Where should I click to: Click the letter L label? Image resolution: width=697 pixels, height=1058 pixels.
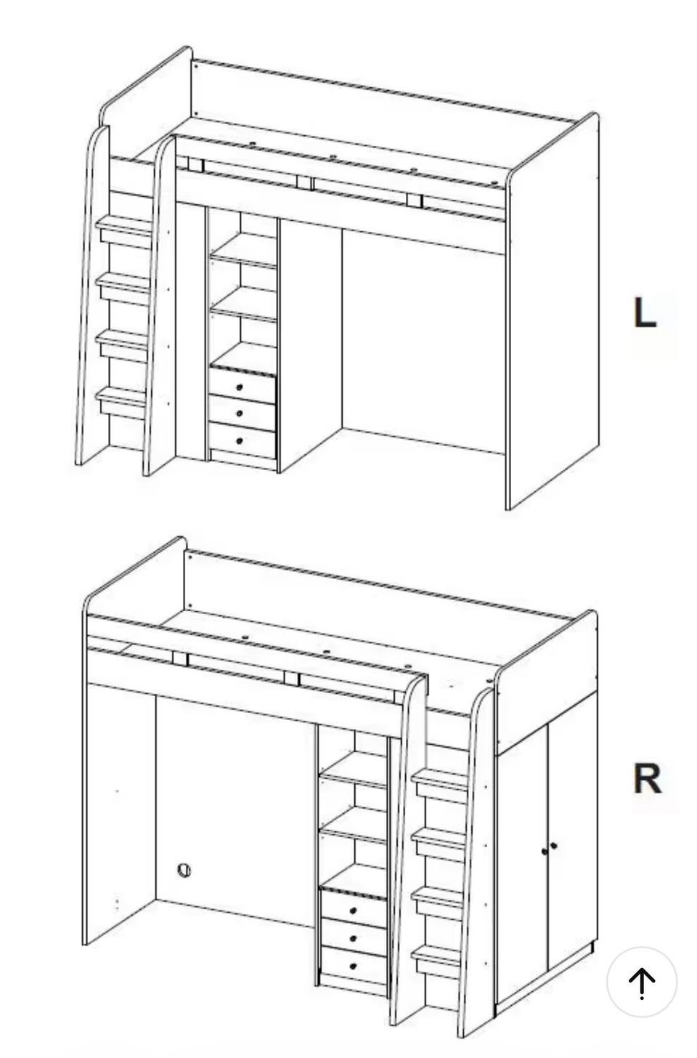coord(644,312)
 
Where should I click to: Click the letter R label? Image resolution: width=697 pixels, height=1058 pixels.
coord(647,779)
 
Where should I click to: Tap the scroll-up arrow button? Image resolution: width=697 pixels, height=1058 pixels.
coord(642,982)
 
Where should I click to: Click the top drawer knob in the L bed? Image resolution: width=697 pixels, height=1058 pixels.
coord(240,387)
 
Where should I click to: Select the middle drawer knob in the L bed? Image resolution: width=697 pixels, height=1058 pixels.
coord(240,413)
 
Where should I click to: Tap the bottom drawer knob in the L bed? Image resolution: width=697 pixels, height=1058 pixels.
coord(240,441)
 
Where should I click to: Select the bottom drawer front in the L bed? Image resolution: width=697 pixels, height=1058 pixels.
coord(242,441)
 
